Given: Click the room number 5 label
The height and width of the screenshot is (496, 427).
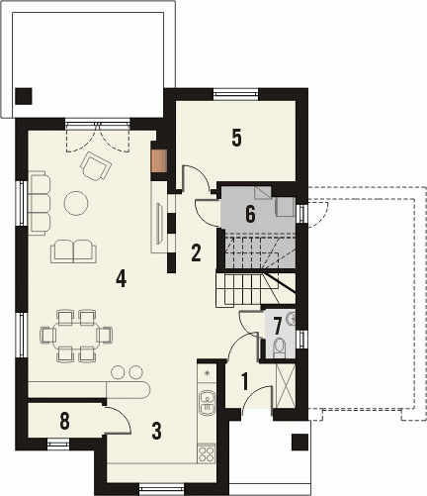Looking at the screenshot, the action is point(236,138).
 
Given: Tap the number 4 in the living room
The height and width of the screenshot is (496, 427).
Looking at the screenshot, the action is point(121,278).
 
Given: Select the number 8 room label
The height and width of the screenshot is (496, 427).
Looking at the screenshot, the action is point(64,422).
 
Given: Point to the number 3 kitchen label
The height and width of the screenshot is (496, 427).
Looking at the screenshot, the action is point(156,431).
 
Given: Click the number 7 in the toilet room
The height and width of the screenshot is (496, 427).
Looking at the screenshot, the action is point(278,326).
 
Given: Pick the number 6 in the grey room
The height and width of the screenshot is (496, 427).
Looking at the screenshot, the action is point(250,214).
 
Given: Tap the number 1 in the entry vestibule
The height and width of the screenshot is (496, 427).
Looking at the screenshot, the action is point(244,381).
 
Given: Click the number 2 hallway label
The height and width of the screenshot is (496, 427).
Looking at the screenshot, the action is point(196,252).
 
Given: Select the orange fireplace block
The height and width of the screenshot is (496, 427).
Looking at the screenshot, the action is point(160,160).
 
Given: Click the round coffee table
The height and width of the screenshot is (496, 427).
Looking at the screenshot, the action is point(76,203).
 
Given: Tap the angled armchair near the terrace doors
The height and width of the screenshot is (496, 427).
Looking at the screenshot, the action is point(95,166).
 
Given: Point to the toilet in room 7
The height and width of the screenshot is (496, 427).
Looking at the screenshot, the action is point(280,348).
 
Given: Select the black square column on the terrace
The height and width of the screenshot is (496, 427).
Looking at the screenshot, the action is point(23,96).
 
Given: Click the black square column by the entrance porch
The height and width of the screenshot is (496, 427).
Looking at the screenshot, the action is point(299,443).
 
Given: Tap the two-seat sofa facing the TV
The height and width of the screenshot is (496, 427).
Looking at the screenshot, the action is point(73,251).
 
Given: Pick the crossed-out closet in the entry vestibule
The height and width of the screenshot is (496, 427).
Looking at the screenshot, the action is point(285,386).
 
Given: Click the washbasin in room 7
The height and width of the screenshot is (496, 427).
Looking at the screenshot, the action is point(291,319).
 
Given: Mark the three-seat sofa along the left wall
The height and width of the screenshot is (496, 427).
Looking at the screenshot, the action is point(40,203).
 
